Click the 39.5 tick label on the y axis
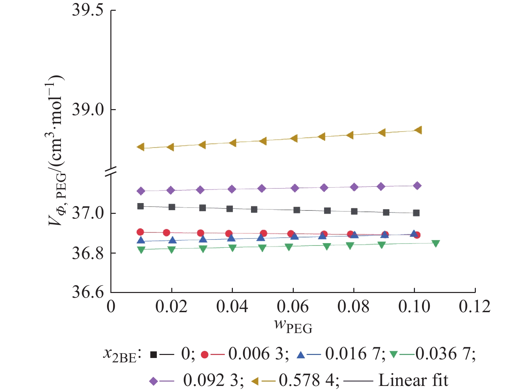(88, 10)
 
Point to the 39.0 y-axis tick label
(88, 110)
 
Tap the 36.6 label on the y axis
(88, 292)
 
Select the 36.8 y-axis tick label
(88, 253)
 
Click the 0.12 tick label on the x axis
(474, 307)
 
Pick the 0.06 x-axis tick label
(292, 307)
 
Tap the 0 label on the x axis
(111, 307)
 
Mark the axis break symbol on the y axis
(111, 171)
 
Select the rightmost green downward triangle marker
(435, 243)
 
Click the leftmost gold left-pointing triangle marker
(141, 147)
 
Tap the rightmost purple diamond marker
(417, 186)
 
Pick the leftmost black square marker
(141, 206)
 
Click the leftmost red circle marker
(140, 232)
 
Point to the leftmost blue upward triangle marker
(141, 240)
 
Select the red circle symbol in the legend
(204, 354)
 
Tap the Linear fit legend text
(413, 381)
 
